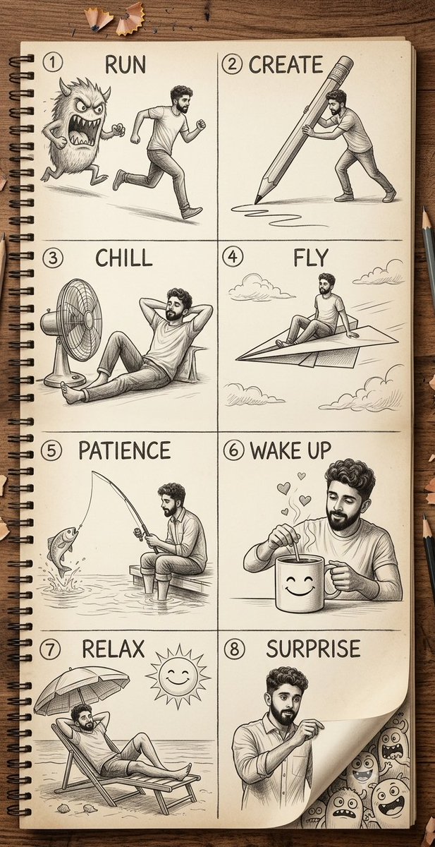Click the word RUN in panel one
[125, 65]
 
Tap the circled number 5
[51, 451]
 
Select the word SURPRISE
[313, 649]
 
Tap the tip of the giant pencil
[257, 200]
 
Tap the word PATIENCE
[124, 450]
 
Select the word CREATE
[286, 65]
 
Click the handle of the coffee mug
[332, 581]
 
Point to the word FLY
[310, 258]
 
